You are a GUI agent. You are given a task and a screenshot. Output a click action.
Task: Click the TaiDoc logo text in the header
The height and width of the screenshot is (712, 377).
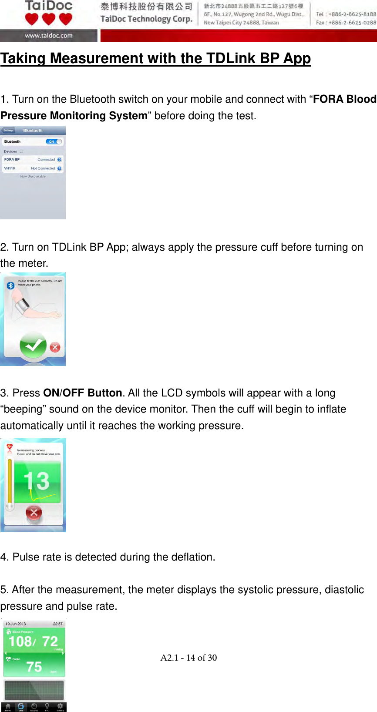pyautogui.click(x=49, y=6)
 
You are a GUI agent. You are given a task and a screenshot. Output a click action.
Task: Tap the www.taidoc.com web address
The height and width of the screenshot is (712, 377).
pyautogui.click(x=49, y=36)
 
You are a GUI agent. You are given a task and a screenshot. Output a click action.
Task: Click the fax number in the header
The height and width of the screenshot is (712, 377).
pyautogui.click(x=346, y=23)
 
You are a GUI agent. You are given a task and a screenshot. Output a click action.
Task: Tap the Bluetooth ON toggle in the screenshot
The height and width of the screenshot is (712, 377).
pyautogui.click(x=54, y=141)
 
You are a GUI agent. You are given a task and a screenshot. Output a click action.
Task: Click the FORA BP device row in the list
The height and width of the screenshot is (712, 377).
pyautogui.click(x=33, y=159)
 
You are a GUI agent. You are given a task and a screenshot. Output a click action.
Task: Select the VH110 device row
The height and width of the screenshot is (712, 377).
pyautogui.click(x=33, y=168)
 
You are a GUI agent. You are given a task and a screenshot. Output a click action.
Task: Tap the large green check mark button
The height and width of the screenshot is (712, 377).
pyautogui.click(x=33, y=346)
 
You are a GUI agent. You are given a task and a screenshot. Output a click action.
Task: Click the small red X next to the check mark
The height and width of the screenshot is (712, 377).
pyautogui.click(x=55, y=347)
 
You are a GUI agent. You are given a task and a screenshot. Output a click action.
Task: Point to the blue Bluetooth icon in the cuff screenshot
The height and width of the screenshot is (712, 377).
pyautogui.click(x=10, y=285)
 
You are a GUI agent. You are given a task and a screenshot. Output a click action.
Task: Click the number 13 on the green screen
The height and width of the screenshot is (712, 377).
pyautogui.click(x=37, y=481)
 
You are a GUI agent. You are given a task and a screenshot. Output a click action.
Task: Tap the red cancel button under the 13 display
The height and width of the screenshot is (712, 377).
pyautogui.click(x=34, y=513)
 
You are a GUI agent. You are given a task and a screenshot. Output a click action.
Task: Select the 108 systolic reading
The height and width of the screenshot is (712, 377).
pyautogui.click(x=20, y=641)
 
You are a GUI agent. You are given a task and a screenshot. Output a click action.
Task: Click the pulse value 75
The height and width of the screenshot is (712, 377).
pyautogui.click(x=34, y=667)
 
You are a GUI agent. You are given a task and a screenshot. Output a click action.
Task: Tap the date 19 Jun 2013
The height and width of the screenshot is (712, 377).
pyautogui.click(x=16, y=624)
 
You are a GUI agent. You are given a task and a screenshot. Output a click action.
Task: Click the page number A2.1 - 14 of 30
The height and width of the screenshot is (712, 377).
pyautogui.click(x=188, y=658)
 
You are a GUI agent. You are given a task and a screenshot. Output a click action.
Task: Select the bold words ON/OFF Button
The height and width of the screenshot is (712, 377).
pyautogui.click(x=83, y=393)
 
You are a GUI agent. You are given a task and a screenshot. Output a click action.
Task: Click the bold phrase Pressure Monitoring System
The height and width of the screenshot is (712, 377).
pyautogui.click(x=74, y=116)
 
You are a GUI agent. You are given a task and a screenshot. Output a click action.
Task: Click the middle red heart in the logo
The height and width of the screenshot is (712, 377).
pyautogui.click(x=48, y=19)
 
